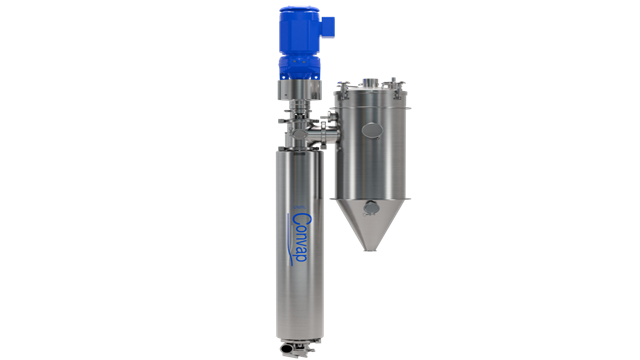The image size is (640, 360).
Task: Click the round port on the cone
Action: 370,207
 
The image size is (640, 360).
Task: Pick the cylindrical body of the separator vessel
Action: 370,150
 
